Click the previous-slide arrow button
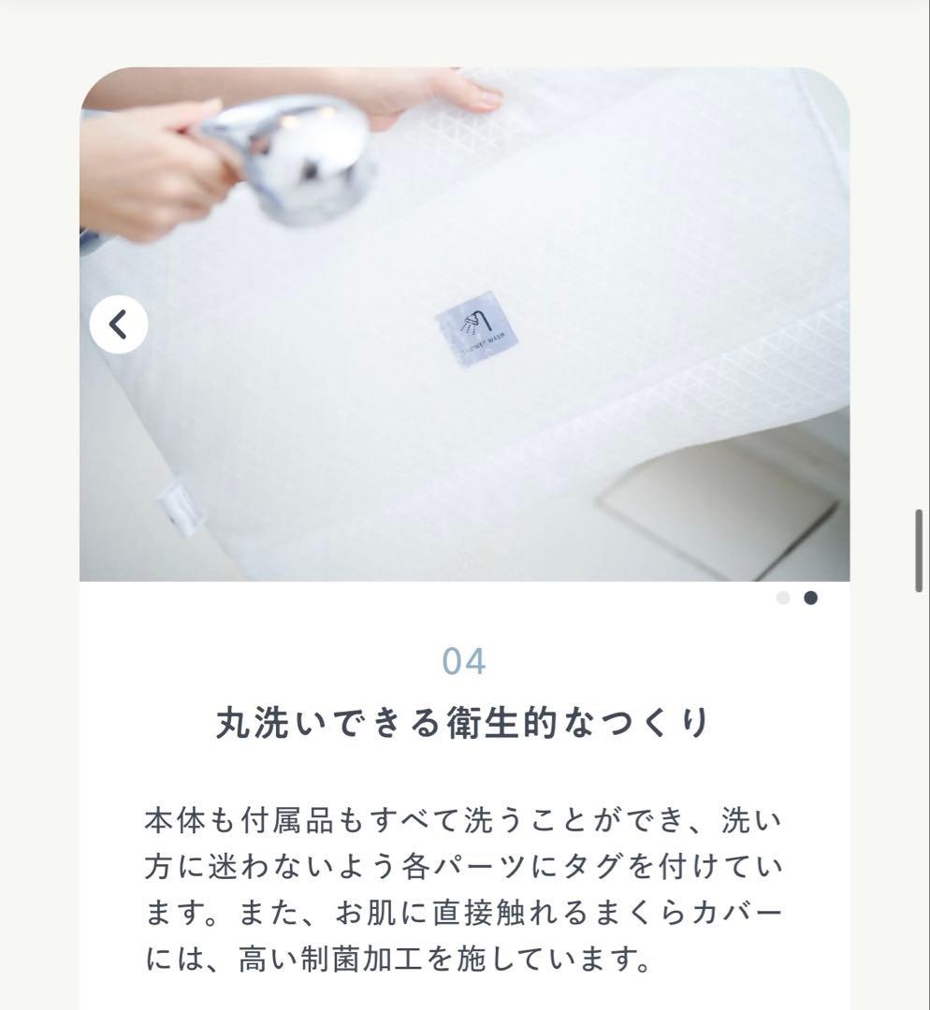click(x=119, y=325)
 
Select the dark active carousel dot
click(x=810, y=598)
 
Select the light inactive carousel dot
click(x=783, y=598)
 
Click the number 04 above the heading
click(x=464, y=661)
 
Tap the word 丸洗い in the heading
click(x=263, y=724)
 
